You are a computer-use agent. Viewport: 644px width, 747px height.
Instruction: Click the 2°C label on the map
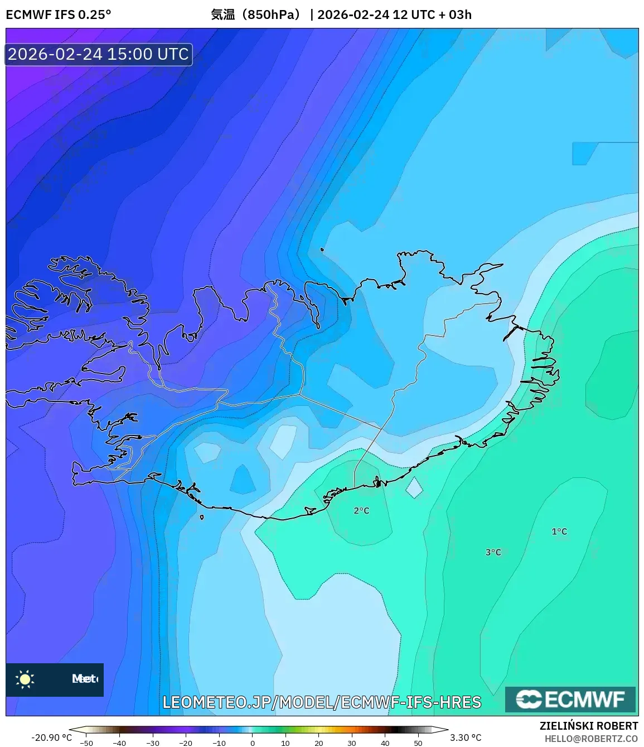coord(361,510)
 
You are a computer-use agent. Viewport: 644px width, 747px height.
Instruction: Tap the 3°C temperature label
coord(493,552)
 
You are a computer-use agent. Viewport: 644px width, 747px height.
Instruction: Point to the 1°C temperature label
coord(559,531)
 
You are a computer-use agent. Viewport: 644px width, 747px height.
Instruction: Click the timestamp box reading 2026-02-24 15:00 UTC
coord(99,54)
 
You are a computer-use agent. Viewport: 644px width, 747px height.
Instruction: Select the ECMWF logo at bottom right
coord(570,699)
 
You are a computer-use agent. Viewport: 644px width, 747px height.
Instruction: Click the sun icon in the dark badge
coord(25,679)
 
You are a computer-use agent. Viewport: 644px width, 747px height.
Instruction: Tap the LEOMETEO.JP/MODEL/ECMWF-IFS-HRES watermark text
coord(322,702)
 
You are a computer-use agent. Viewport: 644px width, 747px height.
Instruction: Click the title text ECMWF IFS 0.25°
coord(59,15)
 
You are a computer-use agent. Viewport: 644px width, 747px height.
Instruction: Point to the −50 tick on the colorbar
coord(86,743)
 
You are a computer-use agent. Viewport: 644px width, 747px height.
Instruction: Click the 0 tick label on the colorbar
coord(253,743)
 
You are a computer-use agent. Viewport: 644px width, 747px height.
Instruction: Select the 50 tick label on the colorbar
coord(418,743)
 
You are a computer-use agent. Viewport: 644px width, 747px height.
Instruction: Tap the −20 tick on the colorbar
coord(186,743)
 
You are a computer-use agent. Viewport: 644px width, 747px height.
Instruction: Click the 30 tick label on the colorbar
coord(352,743)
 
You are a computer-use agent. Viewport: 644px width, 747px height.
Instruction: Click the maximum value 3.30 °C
coord(466,738)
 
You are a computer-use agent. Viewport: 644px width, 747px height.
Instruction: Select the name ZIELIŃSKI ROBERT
coord(588,726)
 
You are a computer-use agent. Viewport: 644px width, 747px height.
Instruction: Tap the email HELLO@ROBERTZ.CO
coord(591,739)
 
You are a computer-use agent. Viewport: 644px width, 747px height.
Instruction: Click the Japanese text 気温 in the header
coord(222,15)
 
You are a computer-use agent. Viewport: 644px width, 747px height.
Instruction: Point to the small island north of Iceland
coord(322,250)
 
